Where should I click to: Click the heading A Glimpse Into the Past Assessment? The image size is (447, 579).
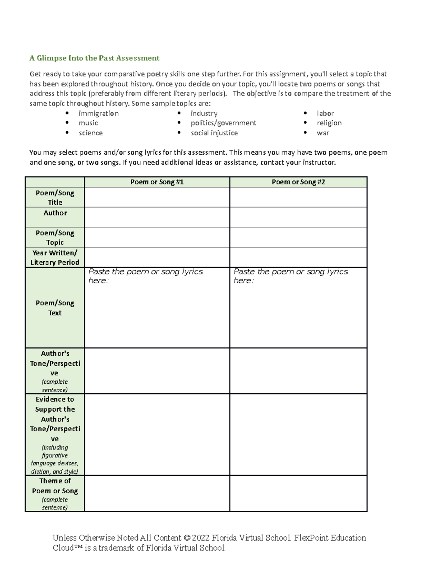pyautogui.click(x=94, y=58)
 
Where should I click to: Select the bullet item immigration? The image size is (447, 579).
pyautogui.click(x=98, y=113)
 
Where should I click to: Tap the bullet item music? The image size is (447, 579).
pyautogui.click(x=88, y=123)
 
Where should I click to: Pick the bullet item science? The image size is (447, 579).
pyautogui.click(x=91, y=133)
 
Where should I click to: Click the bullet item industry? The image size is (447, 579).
pyautogui.click(x=204, y=113)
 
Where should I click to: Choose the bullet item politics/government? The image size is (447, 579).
pyautogui.click(x=223, y=123)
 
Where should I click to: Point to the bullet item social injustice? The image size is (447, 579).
pyautogui.click(x=214, y=133)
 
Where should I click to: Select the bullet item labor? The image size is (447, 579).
pyautogui.click(x=325, y=113)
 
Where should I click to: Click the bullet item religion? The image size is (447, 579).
pyautogui.click(x=329, y=123)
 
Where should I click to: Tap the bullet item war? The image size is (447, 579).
pyautogui.click(x=323, y=133)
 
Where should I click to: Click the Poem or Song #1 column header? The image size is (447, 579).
pyautogui.click(x=157, y=182)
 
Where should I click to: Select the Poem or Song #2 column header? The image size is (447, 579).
pyautogui.click(x=298, y=182)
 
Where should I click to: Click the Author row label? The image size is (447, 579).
pyautogui.click(x=55, y=213)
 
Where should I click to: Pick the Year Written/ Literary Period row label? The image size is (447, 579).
pyautogui.click(x=55, y=257)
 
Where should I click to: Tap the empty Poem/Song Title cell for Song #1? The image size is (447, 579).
pyautogui.click(x=157, y=197)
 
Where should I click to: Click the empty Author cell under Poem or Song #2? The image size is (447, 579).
pyautogui.click(x=298, y=217)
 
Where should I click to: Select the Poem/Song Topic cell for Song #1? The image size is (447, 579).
pyautogui.click(x=157, y=237)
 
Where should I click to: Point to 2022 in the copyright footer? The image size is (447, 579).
pyautogui.click(x=201, y=538)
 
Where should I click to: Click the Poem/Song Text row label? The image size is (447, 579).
pyautogui.click(x=55, y=308)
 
